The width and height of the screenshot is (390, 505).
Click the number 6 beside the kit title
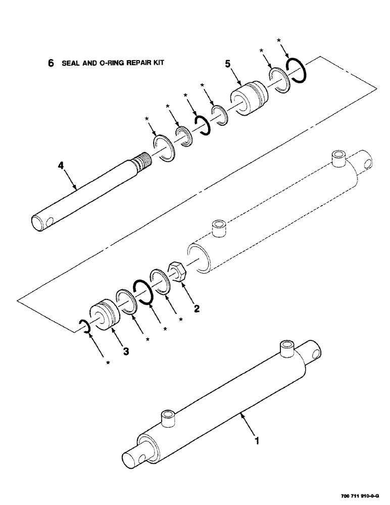(50, 63)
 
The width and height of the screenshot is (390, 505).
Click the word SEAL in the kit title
(71, 63)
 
